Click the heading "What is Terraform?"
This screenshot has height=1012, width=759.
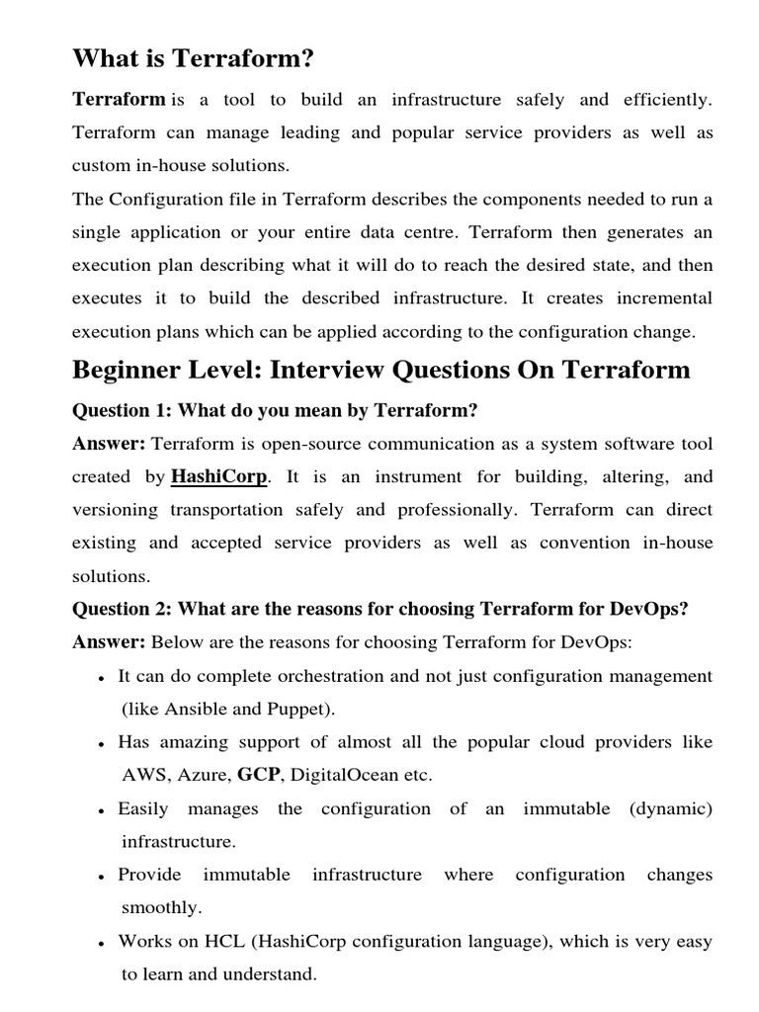pos(193,59)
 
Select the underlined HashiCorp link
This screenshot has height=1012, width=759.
pos(219,476)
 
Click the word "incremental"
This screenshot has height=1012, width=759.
pos(664,298)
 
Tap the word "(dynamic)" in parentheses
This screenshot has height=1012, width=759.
pos(670,808)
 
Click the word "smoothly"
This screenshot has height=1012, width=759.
pos(161,907)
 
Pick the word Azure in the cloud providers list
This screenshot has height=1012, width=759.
pos(201,775)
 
